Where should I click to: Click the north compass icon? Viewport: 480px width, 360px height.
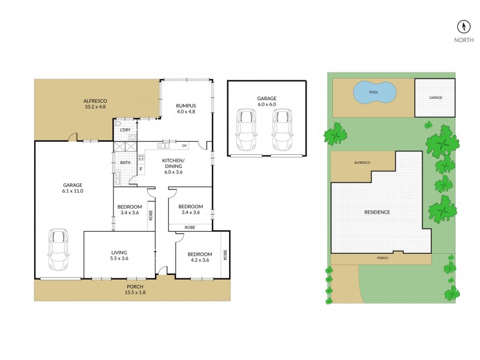click(463, 26)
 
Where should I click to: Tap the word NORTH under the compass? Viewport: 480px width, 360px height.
click(463, 41)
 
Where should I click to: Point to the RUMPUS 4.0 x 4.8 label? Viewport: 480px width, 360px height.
click(186, 109)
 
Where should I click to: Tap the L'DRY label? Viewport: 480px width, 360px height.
click(125, 130)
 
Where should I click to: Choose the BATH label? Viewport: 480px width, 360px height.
click(125, 163)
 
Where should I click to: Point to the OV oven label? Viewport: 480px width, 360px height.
click(184, 146)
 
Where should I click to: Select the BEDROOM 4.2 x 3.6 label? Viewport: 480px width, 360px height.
click(199, 257)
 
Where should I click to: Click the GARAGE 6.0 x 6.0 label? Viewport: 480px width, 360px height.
click(267, 101)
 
